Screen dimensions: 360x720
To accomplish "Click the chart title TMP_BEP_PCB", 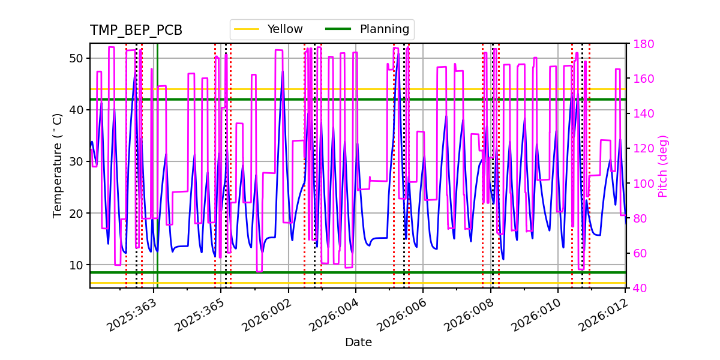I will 136,31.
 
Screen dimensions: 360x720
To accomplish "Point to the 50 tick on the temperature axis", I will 77,58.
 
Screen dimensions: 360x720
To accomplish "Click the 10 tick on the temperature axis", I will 77,265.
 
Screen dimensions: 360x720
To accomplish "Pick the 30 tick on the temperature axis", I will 77,161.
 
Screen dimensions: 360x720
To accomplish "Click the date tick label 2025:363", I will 131,314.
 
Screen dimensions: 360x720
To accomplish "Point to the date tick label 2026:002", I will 266,314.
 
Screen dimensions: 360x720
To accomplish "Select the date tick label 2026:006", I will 401,314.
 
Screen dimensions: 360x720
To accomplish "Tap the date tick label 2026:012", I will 603,314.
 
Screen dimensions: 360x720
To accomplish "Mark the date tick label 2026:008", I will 468,314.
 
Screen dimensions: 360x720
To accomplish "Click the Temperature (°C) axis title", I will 58,166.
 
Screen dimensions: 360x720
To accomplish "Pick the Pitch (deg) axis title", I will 663,166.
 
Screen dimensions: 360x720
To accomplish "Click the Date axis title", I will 358,343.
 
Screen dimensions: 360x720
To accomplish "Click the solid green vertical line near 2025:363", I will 157,180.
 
